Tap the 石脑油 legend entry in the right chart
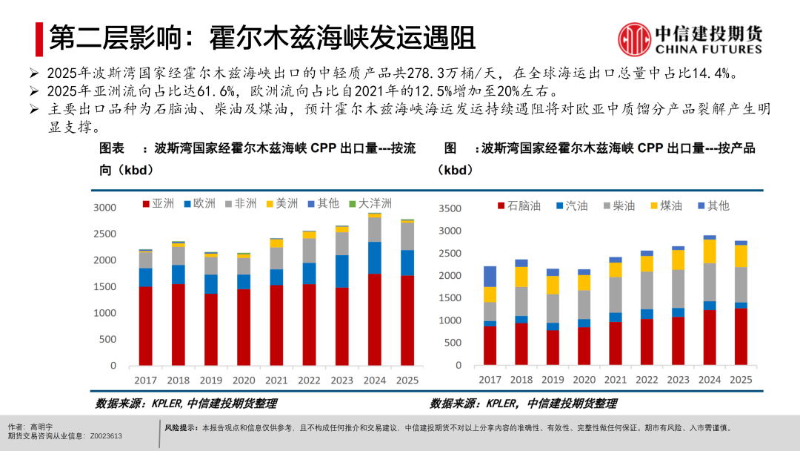(518, 205)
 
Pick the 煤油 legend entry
(664, 205)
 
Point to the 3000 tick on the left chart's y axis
(104, 207)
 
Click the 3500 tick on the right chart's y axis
(450, 208)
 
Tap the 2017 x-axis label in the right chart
(490, 380)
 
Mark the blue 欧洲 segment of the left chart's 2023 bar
(341, 271)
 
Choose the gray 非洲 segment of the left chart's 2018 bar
(178, 256)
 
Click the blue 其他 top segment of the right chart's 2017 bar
(490, 276)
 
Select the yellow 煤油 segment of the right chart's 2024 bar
(710, 251)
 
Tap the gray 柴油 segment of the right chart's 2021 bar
(616, 294)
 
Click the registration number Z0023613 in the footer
(106, 436)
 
